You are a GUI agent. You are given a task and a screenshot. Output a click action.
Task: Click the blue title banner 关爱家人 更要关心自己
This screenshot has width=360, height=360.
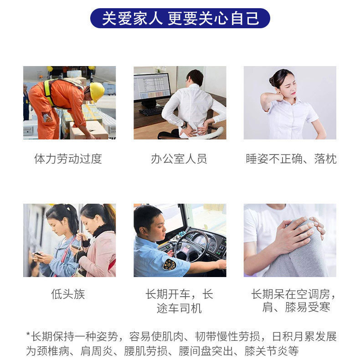[180, 18]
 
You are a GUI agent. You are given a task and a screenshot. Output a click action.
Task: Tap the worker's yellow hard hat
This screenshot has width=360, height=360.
[97, 91]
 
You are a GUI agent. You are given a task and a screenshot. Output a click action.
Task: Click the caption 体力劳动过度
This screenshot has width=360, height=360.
[68, 159]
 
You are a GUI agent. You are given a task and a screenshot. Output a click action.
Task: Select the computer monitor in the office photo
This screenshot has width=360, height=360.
[152, 88]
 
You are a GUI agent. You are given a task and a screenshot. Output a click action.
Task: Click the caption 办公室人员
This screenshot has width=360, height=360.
[179, 159]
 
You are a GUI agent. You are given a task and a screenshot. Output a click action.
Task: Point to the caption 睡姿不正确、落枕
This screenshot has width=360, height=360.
[291, 159]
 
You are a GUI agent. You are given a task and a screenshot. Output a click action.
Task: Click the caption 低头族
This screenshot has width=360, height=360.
[68, 294]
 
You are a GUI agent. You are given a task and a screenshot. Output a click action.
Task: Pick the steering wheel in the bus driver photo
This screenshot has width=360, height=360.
[191, 246]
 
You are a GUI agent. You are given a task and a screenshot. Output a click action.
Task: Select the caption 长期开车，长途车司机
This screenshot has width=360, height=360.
[179, 301]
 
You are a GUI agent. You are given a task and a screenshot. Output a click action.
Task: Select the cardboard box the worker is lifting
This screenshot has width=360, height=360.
[89, 129]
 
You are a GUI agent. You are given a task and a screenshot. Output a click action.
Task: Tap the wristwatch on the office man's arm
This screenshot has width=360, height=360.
[183, 124]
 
